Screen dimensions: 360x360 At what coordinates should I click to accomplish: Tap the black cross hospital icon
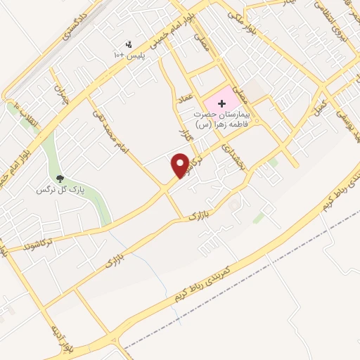click(222, 103)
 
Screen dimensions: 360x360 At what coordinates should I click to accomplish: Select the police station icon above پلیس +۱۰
click(129, 44)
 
